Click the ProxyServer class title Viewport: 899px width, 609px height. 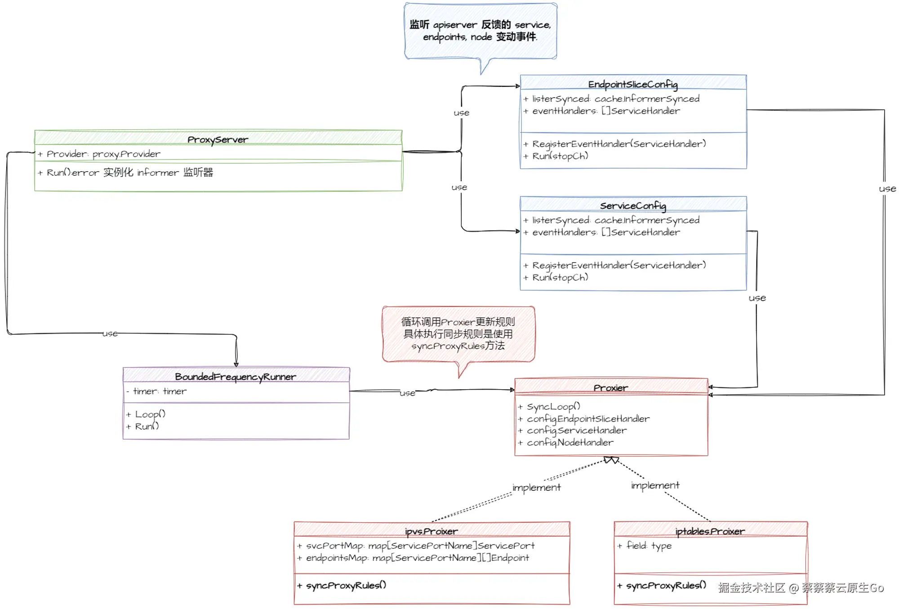click(x=218, y=139)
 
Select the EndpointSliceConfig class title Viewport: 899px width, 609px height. click(x=632, y=84)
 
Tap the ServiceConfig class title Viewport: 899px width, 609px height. click(x=632, y=205)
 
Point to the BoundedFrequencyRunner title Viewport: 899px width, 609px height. click(x=236, y=377)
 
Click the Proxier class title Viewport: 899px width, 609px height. click(x=610, y=387)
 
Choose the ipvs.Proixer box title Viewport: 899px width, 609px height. click(x=431, y=531)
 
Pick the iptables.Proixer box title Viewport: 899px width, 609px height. click(x=710, y=531)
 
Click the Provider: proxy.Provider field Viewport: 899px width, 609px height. click(x=103, y=154)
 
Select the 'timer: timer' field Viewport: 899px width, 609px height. click(x=160, y=391)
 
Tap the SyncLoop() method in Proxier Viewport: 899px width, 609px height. click(x=553, y=406)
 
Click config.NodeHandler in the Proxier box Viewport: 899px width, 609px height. click(x=570, y=442)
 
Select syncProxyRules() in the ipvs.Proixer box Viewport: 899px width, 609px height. click(x=346, y=585)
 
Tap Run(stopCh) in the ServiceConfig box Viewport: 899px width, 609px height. click(x=560, y=277)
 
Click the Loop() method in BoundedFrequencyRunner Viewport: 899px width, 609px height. click(x=150, y=414)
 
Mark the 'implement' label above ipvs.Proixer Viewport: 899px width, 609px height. click(x=536, y=487)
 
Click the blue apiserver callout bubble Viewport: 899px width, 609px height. click(x=480, y=31)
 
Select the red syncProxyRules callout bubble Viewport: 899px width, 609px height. click(x=458, y=334)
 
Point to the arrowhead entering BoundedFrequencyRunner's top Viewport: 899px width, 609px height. click(x=236, y=364)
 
